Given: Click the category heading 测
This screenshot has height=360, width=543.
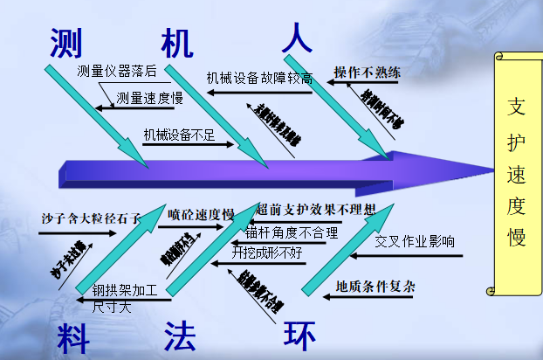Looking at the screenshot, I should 65,42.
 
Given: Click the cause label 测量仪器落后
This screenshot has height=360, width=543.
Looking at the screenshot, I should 116,71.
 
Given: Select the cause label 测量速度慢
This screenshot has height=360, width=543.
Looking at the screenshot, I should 149,97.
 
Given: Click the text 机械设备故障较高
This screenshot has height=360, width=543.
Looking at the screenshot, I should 259,77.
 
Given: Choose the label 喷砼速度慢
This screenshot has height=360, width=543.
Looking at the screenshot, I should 201,215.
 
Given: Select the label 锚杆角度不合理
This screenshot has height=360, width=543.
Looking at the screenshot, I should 291,232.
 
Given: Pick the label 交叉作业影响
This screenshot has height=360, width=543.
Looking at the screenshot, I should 415,241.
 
